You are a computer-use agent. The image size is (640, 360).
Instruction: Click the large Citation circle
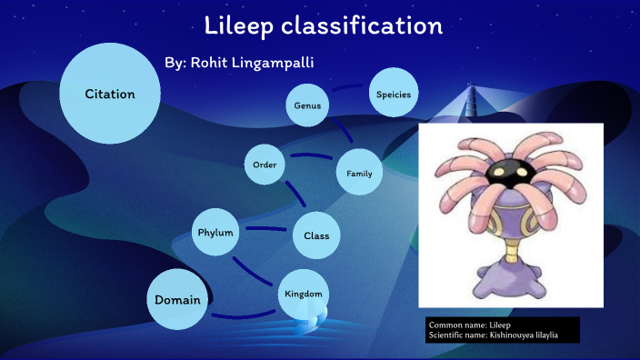[110, 95]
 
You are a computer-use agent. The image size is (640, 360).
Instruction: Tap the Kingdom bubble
[303, 295]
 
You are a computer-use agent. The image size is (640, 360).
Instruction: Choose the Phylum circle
[216, 234]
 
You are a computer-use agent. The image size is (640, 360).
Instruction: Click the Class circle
[315, 236]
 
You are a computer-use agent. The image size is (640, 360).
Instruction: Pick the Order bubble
[265, 165]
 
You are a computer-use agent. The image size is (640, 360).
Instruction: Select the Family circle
[359, 174]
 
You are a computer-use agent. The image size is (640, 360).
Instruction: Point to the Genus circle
[307, 106]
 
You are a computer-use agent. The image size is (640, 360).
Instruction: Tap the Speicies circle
[394, 95]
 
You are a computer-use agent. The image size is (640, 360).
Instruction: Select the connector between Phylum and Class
[266, 229]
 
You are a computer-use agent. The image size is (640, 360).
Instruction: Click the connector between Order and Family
[311, 158]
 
